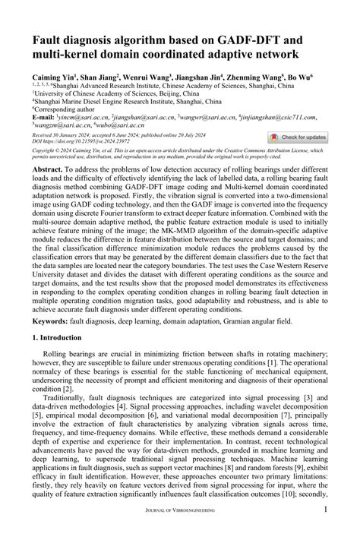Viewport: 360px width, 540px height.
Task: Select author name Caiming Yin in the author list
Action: (53, 77)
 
